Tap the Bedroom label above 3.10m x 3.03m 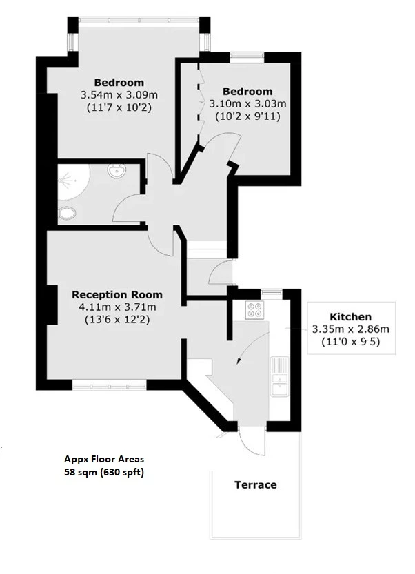(x=247, y=91)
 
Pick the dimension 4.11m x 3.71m (x=117, y=307)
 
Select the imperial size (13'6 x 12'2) (x=117, y=320)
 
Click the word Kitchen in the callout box (x=352, y=316)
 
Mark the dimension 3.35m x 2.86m (x=352, y=329)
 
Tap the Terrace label (x=256, y=484)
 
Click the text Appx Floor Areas (x=104, y=459)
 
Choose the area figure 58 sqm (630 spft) (x=104, y=472)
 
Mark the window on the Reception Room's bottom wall (x=110, y=382)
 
